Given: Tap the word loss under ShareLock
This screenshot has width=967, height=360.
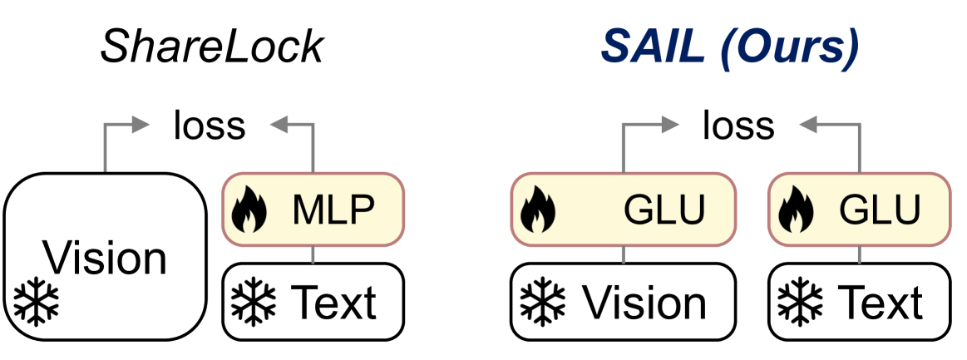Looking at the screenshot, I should click(x=210, y=126).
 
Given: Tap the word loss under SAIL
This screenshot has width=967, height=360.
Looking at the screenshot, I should click(x=738, y=126).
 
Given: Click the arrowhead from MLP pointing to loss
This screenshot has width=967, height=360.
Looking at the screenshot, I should click(x=277, y=126).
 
